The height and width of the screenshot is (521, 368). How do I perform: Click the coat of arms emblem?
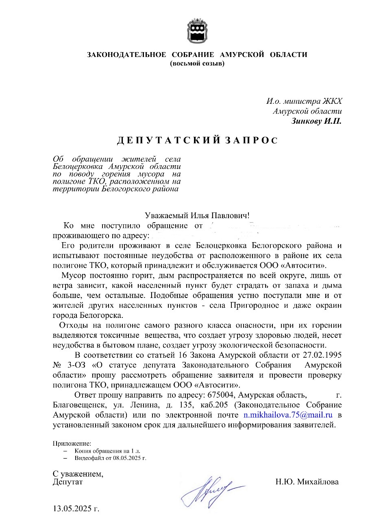197,30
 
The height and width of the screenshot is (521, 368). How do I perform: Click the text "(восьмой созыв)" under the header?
197,63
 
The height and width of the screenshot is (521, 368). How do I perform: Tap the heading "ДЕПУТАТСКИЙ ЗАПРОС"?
197,141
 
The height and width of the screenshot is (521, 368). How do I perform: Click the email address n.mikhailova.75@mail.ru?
288,415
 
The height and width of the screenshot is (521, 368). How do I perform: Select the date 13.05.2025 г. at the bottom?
76,508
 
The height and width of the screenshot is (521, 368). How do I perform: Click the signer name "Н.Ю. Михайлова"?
307,482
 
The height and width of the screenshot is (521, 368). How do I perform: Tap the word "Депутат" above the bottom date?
68,482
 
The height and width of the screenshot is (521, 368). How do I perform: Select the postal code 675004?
222,395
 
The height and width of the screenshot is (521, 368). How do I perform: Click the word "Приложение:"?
72,443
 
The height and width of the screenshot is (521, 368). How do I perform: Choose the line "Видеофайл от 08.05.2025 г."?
110,458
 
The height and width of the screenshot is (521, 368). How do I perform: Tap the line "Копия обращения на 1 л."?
107,451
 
